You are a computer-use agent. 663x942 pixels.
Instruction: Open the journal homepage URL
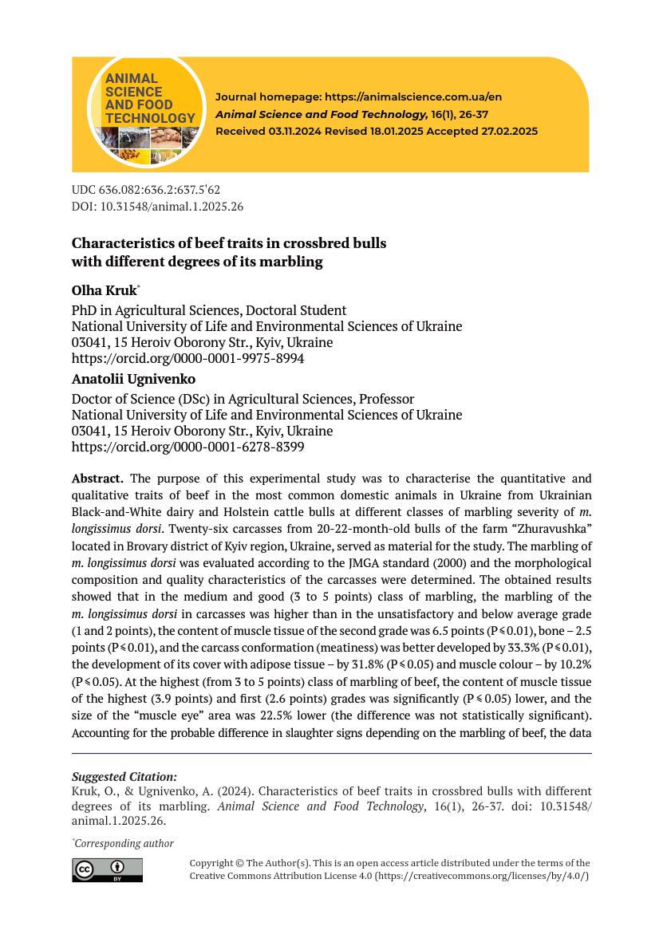coord(413,97)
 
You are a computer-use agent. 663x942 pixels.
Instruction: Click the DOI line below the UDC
coord(157,207)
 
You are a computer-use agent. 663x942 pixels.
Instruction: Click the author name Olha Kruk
coord(104,290)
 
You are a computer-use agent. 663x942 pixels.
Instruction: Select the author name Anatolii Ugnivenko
coord(133,379)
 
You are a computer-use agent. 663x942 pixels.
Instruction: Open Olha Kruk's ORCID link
coord(187,359)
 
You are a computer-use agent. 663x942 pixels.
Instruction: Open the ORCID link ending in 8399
coord(187,447)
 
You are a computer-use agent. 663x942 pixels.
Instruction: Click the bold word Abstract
coord(97,479)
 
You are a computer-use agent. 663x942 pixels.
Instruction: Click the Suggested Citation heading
coord(124,777)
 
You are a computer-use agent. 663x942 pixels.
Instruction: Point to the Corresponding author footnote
coord(124,843)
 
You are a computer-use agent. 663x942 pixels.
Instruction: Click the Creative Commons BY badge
coord(107,870)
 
